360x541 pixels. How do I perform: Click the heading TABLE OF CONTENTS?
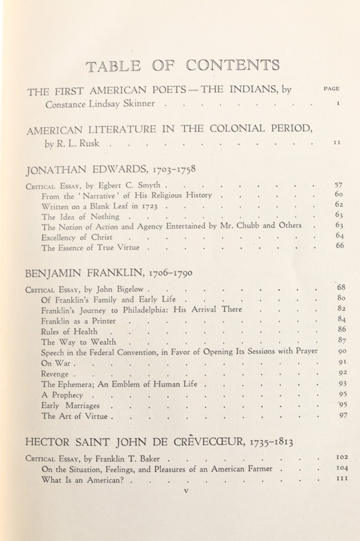pos(182,66)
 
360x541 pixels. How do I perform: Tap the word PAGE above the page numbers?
pos(331,89)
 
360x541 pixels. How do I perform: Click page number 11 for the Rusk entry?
pos(337,143)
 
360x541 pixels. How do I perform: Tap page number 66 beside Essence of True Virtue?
pos(339,246)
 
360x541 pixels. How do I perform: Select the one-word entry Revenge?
pos(55,373)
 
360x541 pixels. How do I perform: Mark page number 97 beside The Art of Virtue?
pos(343,416)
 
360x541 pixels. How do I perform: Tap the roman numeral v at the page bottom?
pos(186,491)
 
